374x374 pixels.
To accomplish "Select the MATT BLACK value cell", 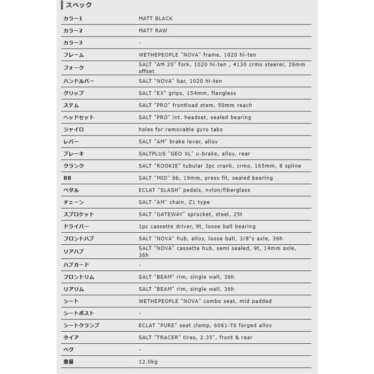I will pos(155,18).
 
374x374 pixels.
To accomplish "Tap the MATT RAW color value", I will pos(153,30).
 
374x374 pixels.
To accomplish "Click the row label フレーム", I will pos(74,55).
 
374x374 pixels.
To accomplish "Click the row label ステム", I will pos(71,105).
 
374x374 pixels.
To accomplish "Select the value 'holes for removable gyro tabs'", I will pos(181,129).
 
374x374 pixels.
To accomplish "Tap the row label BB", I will pos(67,178).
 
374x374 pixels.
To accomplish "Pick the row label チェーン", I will pos(74,202).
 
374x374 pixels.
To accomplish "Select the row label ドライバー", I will pos(76,226).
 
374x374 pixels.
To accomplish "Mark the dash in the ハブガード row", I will pos(140,265).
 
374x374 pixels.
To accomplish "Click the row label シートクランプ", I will pos(81,325).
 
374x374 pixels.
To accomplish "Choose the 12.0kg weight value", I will pos(148,362).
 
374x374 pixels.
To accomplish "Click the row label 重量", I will pos(68,362).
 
